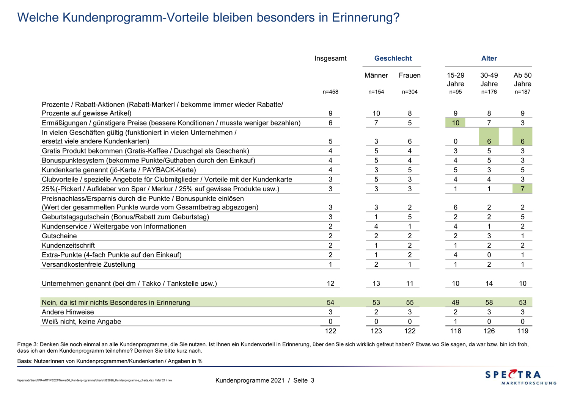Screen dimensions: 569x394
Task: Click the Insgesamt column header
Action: tap(330, 58)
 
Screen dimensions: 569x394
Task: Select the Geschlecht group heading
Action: tap(393, 58)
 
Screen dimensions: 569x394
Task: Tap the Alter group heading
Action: tap(489, 58)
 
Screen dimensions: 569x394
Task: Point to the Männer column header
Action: tap(376, 75)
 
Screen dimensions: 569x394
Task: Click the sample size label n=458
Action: tap(330, 92)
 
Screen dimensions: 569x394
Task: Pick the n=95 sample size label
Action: tap(456, 92)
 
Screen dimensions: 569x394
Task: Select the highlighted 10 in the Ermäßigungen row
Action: tap(456, 123)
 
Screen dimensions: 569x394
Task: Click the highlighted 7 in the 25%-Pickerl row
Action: tap(522, 189)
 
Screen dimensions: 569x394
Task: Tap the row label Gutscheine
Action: tap(59, 236)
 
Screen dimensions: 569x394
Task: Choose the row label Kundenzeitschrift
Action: tap(68, 245)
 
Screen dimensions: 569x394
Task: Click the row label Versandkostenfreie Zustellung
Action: tap(88, 264)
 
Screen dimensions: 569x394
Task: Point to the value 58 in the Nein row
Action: tap(489, 303)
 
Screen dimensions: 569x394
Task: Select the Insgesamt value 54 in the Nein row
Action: tap(330, 303)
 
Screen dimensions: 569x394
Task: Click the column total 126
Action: tap(489, 331)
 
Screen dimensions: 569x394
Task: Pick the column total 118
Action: tap(456, 331)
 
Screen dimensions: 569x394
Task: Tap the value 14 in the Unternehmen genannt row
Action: tap(489, 284)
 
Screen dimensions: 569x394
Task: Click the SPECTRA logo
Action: tap(521, 377)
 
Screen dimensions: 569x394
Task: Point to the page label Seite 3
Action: tap(304, 381)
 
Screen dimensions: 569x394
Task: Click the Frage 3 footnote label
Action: tap(27, 344)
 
